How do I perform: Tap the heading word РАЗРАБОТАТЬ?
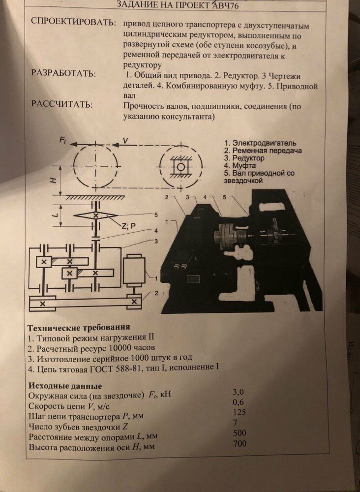click(x=63, y=74)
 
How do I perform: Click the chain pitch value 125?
click(x=239, y=412)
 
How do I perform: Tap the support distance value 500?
click(x=240, y=433)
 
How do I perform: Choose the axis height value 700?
click(x=240, y=444)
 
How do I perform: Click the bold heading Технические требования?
click(x=79, y=327)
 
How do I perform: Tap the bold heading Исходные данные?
click(x=65, y=385)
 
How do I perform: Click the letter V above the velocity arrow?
click(x=125, y=141)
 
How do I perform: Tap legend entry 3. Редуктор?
click(x=244, y=159)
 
